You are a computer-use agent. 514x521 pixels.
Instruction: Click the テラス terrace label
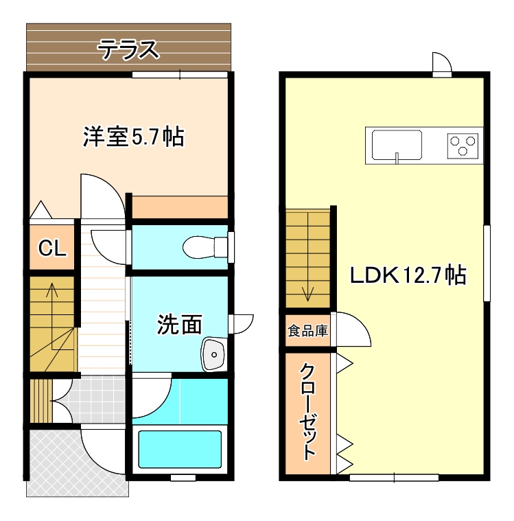[128, 49]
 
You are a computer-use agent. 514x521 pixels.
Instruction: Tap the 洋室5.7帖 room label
[133, 137]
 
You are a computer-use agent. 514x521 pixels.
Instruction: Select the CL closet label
[52, 248]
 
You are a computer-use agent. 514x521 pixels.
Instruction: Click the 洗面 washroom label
[180, 324]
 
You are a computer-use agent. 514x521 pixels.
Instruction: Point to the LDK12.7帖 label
[408, 276]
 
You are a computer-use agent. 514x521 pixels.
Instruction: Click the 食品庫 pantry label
[307, 332]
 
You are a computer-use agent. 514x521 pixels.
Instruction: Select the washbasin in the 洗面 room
[214, 354]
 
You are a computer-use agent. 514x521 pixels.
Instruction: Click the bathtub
[180, 448]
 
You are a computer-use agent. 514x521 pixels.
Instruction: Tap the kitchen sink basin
[397, 145]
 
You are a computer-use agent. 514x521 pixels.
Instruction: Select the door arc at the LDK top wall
[441, 63]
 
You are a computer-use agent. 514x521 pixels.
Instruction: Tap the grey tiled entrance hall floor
[100, 395]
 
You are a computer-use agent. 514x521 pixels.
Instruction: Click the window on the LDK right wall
[487, 262]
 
